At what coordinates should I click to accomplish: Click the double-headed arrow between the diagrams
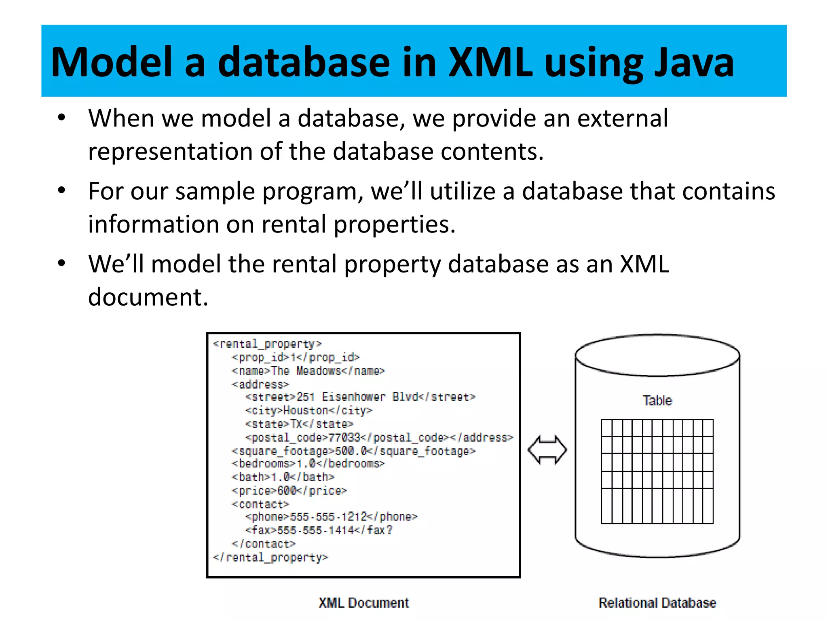pos(547,450)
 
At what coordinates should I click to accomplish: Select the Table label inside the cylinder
pos(657,400)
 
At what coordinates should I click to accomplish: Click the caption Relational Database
pos(657,602)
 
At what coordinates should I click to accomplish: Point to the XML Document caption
pos(363,602)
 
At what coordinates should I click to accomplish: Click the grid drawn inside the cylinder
pos(657,471)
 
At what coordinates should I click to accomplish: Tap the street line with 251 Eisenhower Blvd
pos(360,397)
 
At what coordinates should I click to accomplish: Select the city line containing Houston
pos(308,410)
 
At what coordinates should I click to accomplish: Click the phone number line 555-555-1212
pos(331,517)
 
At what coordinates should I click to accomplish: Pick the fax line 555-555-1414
pos(319,530)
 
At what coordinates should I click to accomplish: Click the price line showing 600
pos(289,490)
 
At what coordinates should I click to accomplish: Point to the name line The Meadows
pos(308,371)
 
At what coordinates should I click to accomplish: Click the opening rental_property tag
pos(267,344)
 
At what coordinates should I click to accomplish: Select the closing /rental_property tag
pos(270,558)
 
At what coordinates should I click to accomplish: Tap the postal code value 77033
pos(344,437)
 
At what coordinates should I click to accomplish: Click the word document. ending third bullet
pos(148,297)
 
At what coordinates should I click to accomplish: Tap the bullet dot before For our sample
pos(61,190)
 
